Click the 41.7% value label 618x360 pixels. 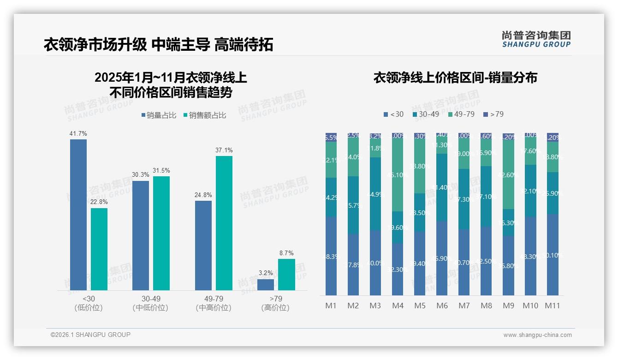point(78,133)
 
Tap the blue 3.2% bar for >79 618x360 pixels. point(265,284)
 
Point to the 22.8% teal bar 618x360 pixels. point(99,249)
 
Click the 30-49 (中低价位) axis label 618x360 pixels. point(150,303)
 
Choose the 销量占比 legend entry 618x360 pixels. point(159,115)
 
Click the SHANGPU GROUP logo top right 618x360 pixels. point(536,39)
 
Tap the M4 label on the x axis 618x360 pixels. point(398,306)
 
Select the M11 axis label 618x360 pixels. point(553,306)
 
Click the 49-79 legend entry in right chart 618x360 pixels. point(461,114)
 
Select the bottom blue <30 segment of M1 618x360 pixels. point(331,256)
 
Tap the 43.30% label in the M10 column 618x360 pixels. point(531,256)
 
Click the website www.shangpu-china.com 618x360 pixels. point(537,335)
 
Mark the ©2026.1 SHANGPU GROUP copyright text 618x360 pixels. point(90,335)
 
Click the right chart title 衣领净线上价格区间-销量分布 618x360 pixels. point(455,78)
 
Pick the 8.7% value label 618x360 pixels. point(286,253)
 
